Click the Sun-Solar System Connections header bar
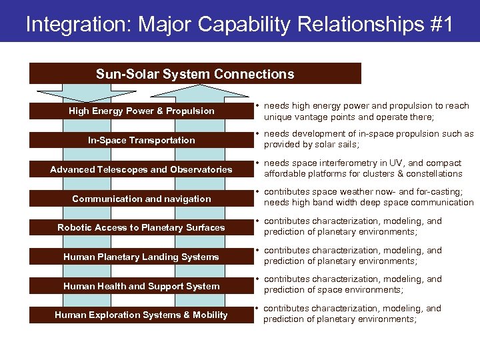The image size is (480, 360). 195,74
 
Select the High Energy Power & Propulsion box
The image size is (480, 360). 141,111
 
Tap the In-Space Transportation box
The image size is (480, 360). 141,140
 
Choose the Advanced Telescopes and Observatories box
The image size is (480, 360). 141,169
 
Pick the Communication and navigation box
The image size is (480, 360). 141,199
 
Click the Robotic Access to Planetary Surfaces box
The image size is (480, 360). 141,227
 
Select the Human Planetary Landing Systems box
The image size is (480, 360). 141,257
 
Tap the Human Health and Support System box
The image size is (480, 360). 141,286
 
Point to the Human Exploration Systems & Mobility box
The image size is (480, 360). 141,315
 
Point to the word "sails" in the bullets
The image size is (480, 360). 347,145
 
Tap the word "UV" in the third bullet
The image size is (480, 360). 391,163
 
